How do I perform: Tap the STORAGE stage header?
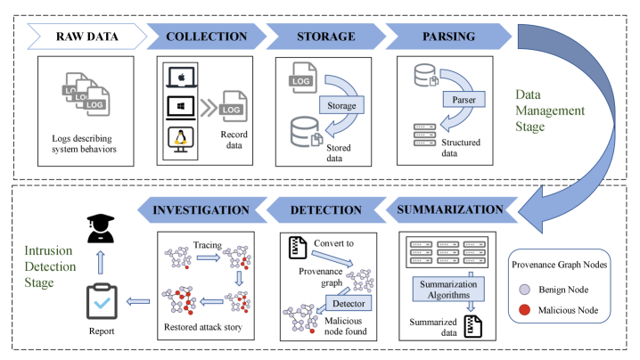point(327,37)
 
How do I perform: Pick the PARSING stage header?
point(442,37)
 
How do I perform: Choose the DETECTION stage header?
point(326,211)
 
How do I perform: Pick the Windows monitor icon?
point(180,108)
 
